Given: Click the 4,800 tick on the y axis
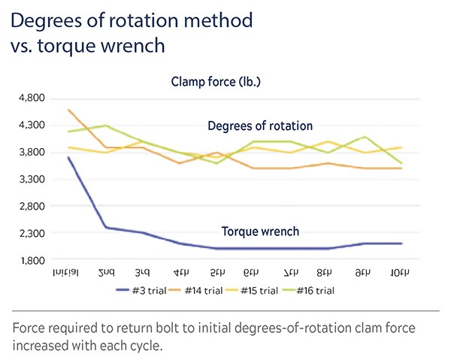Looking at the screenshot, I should (x=32, y=98).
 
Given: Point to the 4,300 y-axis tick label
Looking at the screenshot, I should (x=32, y=125).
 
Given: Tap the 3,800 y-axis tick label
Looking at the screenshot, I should (x=32, y=152).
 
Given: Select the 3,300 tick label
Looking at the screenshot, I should (x=32, y=179).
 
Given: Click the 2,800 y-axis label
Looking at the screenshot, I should (x=32, y=206).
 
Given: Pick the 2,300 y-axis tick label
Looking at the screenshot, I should (x=32, y=233).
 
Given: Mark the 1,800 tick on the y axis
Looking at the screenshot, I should (x=32, y=260).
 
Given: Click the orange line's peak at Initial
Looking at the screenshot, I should (x=68, y=110).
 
